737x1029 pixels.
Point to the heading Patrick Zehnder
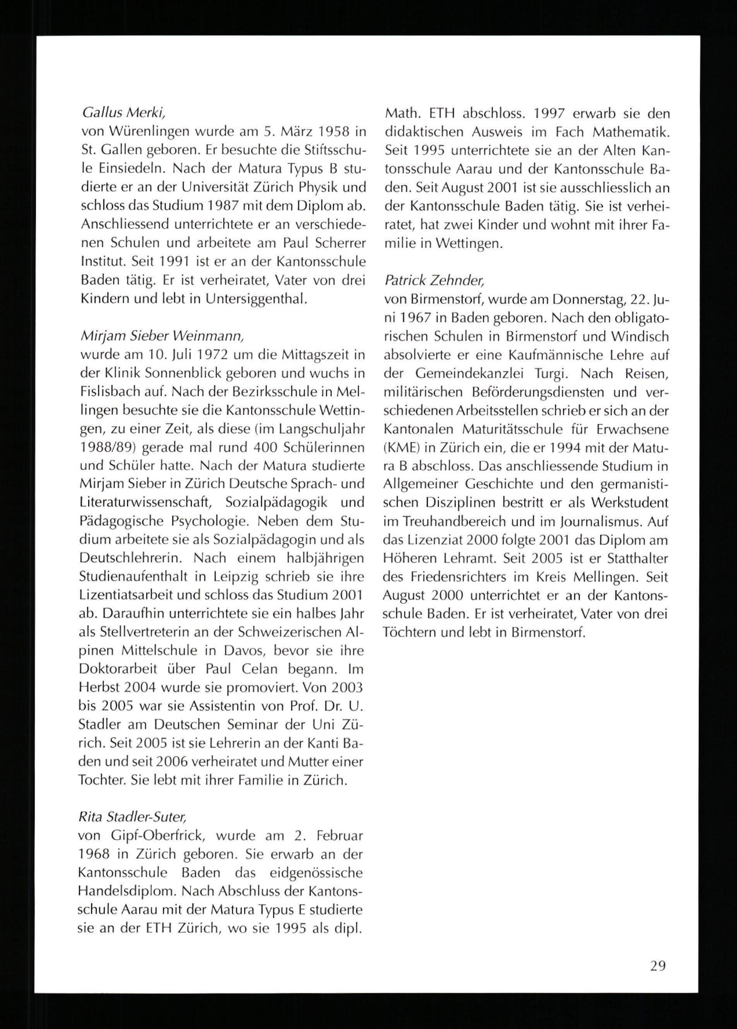click(x=434, y=281)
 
